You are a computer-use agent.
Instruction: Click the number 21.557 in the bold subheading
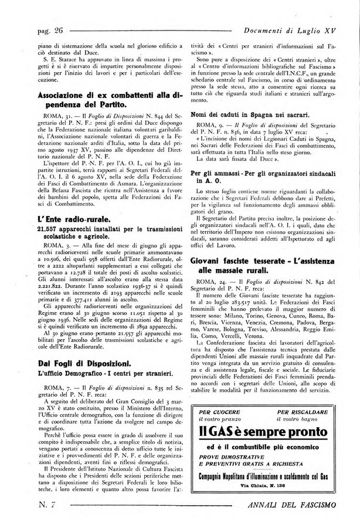click(52, 229)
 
